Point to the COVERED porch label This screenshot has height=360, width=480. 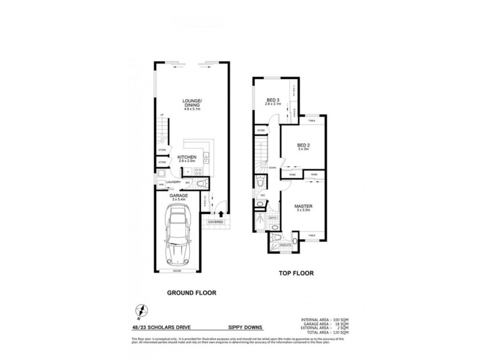click(215, 222)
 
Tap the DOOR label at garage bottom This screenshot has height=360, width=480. click(177, 271)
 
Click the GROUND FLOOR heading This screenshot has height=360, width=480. click(190, 293)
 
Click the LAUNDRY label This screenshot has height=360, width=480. click(174, 182)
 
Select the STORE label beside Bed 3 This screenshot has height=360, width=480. click(262, 130)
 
